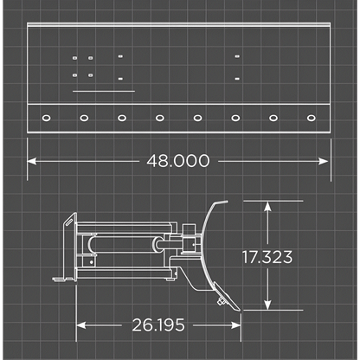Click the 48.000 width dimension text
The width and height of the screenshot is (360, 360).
tap(179, 161)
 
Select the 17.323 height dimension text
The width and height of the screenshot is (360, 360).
tap(268, 257)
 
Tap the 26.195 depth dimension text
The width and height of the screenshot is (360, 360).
tap(159, 325)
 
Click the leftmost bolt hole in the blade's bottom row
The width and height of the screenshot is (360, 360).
tap(46, 118)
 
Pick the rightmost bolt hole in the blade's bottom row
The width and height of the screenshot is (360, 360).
tap(312, 118)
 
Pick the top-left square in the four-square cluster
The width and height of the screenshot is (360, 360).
tap(75, 58)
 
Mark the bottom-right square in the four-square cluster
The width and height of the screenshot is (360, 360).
tap(90, 75)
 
